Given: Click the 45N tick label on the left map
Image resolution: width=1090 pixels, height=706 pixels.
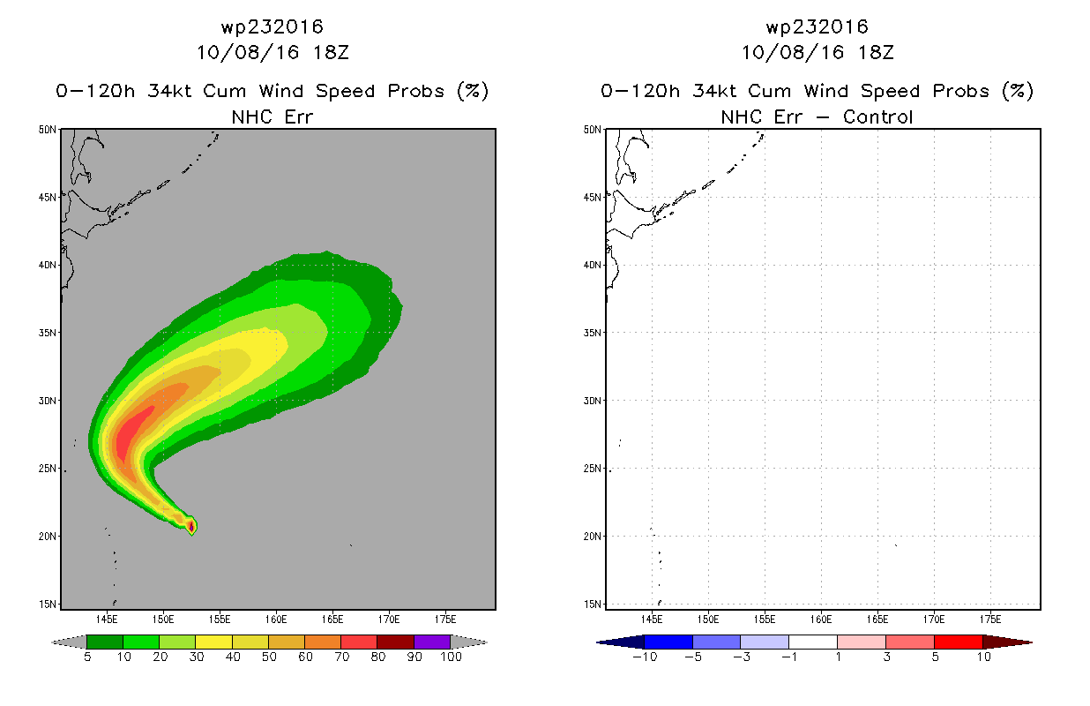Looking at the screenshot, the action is click(47, 197).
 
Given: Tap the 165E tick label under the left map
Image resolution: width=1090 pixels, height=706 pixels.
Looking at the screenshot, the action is click(332, 620).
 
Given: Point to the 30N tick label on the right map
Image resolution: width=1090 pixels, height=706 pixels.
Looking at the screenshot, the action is click(592, 401).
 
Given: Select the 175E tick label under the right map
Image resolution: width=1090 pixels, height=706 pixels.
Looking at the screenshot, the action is click(990, 620).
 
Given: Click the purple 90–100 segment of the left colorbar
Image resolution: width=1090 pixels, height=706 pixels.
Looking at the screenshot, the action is click(432, 642).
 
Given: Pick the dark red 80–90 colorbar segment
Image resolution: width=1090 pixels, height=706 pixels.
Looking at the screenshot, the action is click(396, 642).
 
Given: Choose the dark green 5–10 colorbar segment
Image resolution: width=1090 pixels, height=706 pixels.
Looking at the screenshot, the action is click(105, 642).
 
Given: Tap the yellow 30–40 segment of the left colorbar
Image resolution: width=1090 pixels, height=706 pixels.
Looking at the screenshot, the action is click(213, 642).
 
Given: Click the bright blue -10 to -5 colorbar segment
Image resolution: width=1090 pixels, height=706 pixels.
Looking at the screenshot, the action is click(668, 642).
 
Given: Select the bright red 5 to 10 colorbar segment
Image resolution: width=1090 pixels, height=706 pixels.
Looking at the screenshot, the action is click(959, 642).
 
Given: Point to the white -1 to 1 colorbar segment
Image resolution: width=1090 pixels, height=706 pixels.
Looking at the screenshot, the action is click(813, 642).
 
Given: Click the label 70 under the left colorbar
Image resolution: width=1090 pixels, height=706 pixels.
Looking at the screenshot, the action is click(342, 657).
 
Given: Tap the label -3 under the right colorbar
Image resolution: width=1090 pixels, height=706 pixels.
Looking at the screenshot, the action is click(741, 657).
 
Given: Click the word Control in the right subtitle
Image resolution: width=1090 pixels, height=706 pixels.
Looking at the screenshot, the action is click(877, 116).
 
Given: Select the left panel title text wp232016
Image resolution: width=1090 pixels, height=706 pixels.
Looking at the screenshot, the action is click(272, 27).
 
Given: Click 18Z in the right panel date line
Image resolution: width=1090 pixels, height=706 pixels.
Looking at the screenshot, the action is click(876, 52).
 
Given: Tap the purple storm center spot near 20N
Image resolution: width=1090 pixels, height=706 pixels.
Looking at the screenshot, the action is click(191, 526).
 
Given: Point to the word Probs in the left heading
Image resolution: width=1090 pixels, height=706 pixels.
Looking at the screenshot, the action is click(416, 91).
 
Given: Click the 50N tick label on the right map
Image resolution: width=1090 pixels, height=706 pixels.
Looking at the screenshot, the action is click(592, 130).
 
